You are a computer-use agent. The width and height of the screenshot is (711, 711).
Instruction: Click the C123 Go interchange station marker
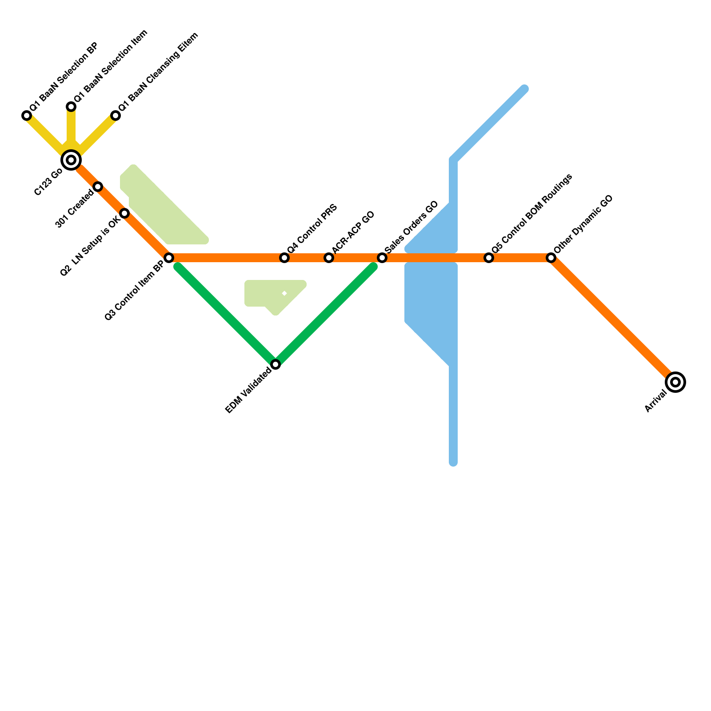[71, 160]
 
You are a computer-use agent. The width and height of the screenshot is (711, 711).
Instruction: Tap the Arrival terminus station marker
[675, 382]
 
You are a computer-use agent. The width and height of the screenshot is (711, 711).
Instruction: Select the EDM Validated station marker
[276, 364]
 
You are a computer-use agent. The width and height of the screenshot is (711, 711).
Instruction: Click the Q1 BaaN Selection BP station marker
[27, 116]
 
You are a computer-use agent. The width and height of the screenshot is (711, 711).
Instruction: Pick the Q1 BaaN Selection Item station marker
[71, 107]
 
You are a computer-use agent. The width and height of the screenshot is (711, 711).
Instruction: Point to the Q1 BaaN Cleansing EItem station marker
[116, 116]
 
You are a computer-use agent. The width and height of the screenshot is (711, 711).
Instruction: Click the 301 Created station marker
[98, 187]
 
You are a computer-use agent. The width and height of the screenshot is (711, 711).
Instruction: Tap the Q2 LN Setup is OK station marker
[125, 214]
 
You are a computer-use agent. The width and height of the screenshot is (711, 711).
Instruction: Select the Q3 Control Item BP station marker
[169, 258]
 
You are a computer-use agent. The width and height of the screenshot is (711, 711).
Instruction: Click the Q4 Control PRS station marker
[284, 258]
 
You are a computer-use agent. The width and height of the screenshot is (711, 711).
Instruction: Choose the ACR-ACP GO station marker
[329, 258]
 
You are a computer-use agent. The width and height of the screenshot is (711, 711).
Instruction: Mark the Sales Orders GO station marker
[382, 258]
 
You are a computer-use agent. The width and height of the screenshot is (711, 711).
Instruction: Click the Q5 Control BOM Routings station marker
[489, 258]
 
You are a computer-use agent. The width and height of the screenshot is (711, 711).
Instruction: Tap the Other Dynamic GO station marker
[551, 258]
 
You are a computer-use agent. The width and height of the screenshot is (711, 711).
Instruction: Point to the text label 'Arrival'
[656, 401]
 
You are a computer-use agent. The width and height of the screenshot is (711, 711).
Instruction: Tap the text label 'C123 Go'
[48, 182]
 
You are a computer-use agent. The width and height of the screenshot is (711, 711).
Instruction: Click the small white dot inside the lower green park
[284, 293]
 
